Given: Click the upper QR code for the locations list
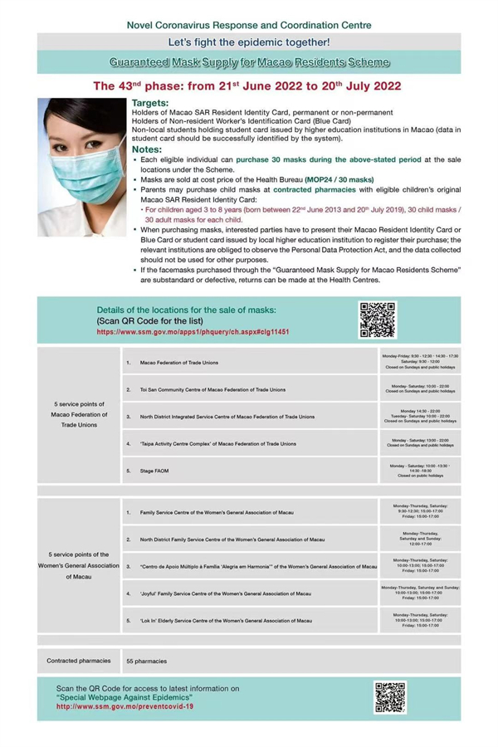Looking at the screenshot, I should (x=377, y=320).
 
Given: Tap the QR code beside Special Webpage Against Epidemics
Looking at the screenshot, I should (x=389, y=698).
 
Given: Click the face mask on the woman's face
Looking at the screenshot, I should (x=79, y=167).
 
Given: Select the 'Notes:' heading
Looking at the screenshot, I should (x=149, y=149).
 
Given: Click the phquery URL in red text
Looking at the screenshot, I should (x=193, y=330).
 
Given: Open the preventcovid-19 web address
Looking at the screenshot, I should (x=124, y=706).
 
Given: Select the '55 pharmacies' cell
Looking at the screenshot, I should (x=146, y=662).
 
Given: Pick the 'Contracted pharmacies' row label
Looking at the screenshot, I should (x=78, y=662).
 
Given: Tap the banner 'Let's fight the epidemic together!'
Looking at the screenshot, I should (x=249, y=41).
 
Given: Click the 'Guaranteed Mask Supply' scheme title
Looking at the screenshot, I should (x=249, y=62).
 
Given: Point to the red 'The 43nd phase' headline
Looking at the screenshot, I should (x=249, y=85).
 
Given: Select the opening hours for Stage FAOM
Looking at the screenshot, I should (x=420, y=470).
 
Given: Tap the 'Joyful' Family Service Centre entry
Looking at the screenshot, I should (x=226, y=593).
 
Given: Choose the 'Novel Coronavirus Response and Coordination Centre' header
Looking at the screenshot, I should (x=249, y=25).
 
